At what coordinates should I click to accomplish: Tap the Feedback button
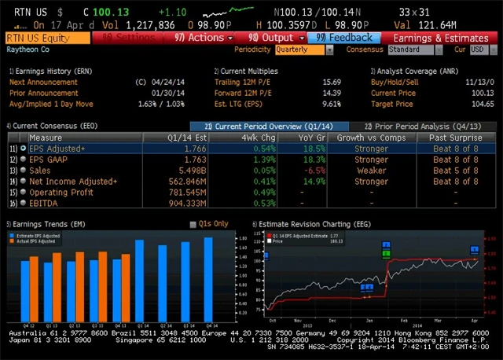344,38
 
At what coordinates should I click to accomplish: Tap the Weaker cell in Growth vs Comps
372,171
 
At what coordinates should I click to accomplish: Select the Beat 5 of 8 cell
454,171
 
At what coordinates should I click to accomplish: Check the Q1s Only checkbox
193,225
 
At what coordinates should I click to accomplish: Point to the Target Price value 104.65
482,104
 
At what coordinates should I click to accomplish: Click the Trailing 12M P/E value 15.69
331,82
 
